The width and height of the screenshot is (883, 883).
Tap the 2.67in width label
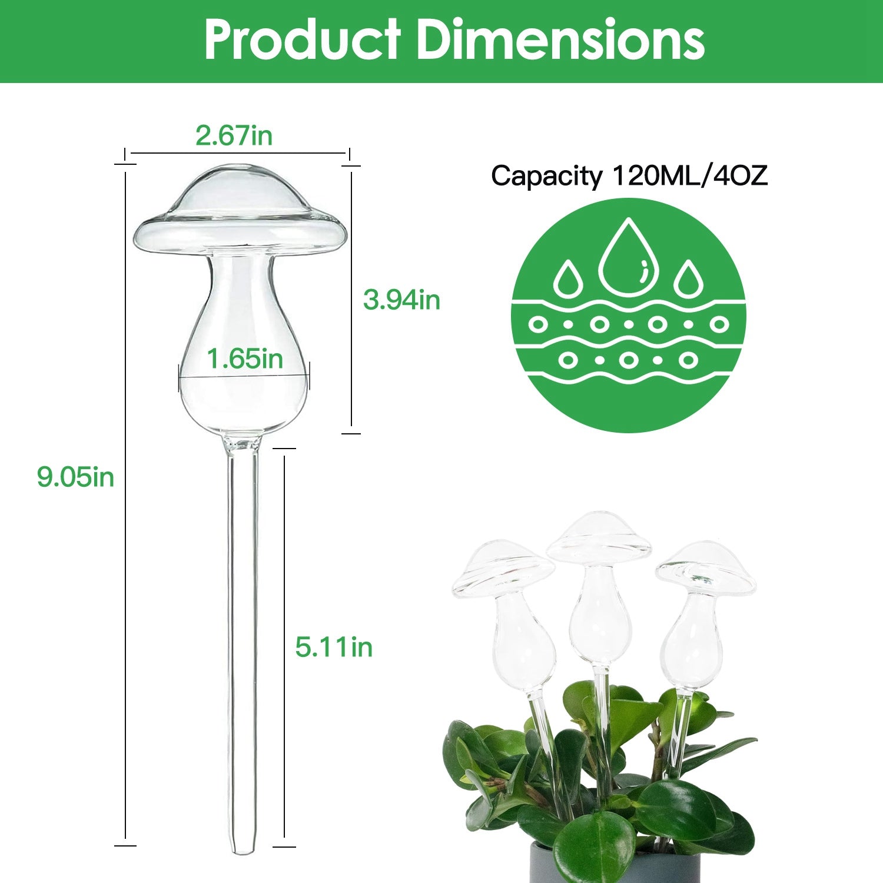point(234,136)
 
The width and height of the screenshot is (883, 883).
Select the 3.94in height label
point(401,300)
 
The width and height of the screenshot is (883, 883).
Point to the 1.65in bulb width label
point(244,358)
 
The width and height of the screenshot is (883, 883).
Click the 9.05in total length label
point(75,476)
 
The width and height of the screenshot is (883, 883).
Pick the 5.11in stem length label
point(334,647)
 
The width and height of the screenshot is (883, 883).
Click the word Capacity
point(547,175)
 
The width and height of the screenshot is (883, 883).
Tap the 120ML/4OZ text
point(690,175)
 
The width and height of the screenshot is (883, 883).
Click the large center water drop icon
point(628,259)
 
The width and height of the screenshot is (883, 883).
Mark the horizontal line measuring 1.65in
point(244,376)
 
